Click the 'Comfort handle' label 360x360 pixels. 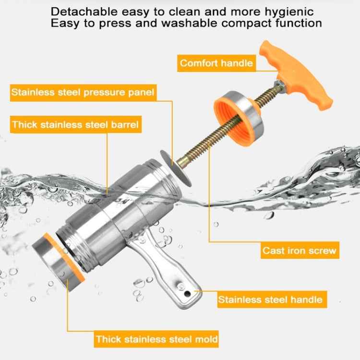pos(216,63)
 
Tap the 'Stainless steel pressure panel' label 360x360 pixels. pos(83,93)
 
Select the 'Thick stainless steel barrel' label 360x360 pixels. pos(76,124)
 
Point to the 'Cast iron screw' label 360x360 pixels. pos(300,250)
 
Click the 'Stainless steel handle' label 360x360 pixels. pos(272,300)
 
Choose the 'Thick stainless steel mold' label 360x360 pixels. pos(156,339)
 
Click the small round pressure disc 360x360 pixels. pos(176,168)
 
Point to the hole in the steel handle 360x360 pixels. pos(187,294)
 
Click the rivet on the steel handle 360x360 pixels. pos(180,286)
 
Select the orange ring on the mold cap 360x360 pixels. pos(64,258)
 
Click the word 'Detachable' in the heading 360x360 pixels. pos(84,12)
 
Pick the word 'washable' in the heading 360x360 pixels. pos(189,23)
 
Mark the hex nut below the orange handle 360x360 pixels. pos(279,85)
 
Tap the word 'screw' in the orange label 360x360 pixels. pos(323,251)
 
